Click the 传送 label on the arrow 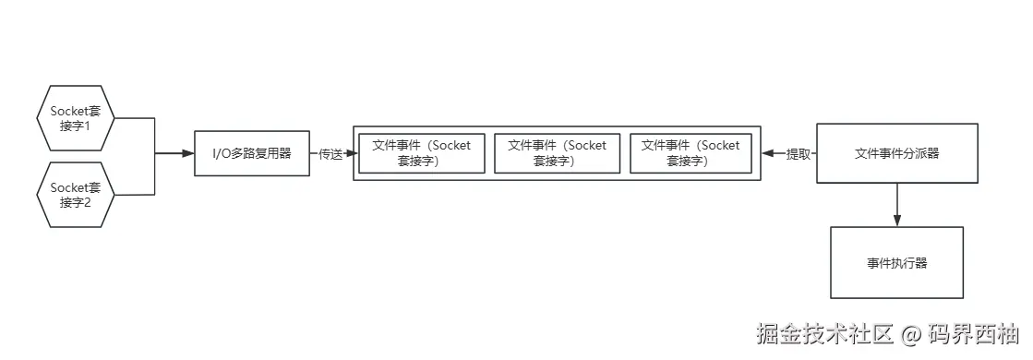[x=330, y=154]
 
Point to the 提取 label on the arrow [x=798, y=154]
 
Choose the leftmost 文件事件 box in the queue [x=421, y=153]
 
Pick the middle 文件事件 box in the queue [x=557, y=153]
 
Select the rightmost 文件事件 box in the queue [x=691, y=153]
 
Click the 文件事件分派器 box [x=896, y=153]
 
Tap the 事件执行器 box [x=896, y=263]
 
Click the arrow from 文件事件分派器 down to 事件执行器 [x=896, y=203]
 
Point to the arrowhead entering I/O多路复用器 [x=188, y=153]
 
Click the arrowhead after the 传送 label [x=349, y=153]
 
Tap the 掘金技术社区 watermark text [x=824, y=334]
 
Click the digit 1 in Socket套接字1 [x=88, y=126]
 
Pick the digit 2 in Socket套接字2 [x=88, y=203]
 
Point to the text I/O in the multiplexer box [x=222, y=153]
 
